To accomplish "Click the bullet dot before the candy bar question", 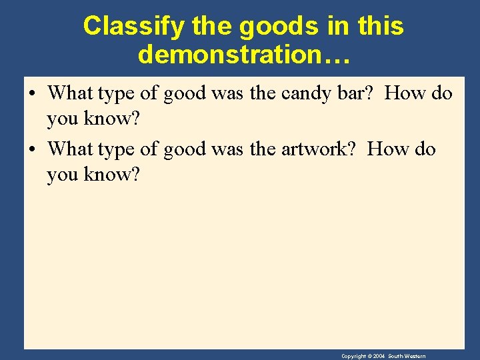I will click(x=33, y=93).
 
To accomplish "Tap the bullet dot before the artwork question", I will click(x=33, y=149).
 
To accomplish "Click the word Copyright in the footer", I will click(x=353, y=357).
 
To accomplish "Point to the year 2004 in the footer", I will click(x=377, y=357).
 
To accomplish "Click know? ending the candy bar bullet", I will click(x=110, y=119).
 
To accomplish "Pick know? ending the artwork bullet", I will click(x=110, y=175).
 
